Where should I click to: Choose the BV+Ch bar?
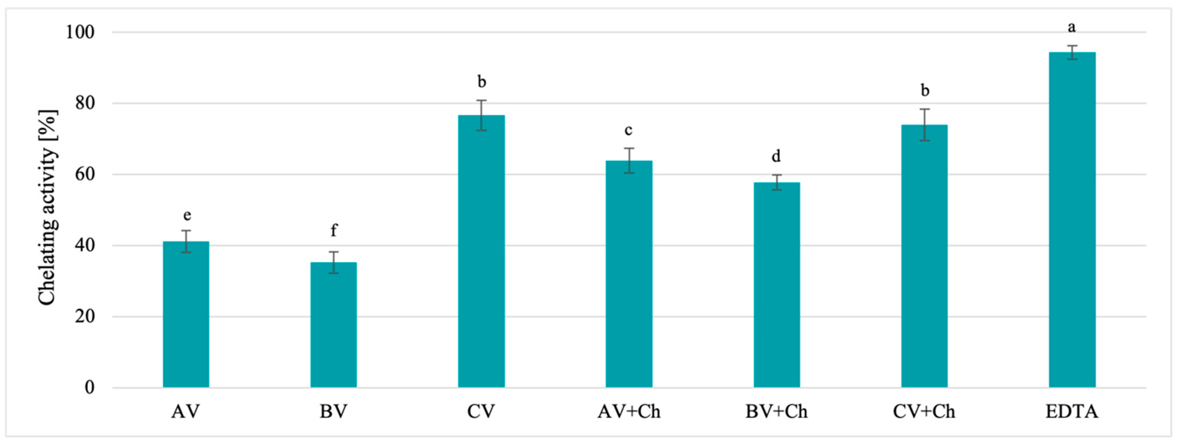pyautogui.click(x=777, y=285)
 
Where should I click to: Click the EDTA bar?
pyautogui.click(x=1072, y=220)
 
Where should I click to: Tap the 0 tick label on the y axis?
pyautogui.click(x=89, y=387)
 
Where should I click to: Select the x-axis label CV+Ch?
pyautogui.click(x=924, y=412)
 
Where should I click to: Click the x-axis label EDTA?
pyautogui.click(x=1072, y=412)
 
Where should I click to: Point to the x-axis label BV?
pyautogui.click(x=333, y=412)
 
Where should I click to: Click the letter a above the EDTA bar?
pyautogui.click(x=1072, y=28)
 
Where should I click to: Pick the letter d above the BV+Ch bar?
pyautogui.click(x=776, y=156)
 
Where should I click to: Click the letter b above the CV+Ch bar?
pyautogui.click(x=925, y=90)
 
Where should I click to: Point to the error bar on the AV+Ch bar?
pyautogui.click(x=629, y=160)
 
